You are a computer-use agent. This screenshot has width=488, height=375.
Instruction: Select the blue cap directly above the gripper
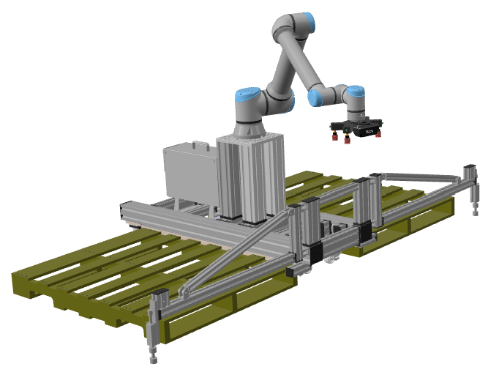[356, 92]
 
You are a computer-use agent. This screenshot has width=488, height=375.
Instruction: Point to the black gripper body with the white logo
[364, 129]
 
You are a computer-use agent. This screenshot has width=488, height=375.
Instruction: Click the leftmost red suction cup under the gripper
[333, 137]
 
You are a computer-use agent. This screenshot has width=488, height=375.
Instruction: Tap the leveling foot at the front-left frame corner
[154, 359]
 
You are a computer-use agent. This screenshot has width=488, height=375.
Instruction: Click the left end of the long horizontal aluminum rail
[128, 212]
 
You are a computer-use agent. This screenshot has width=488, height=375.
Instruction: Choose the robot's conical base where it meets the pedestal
[248, 129]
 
